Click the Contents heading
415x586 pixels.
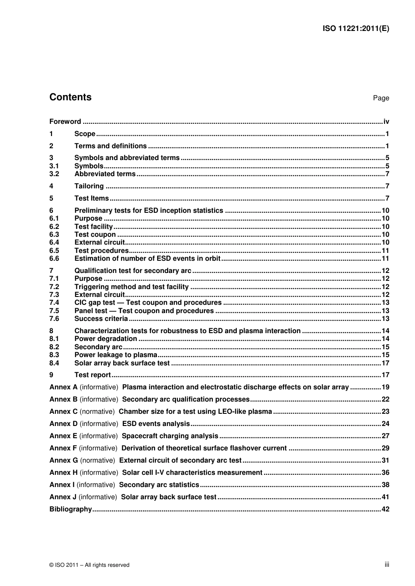click(x=70, y=97)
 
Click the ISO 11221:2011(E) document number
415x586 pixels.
click(x=356, y=29)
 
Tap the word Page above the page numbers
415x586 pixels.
click(x=380, y=98)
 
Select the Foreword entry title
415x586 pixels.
click(x=65, y=122)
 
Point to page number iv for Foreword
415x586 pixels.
click(x=386, y=122)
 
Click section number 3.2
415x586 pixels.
click(x=54, y=174)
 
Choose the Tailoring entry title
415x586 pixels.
click(x=89, y=186)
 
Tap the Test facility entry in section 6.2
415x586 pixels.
click(x=93, y=227)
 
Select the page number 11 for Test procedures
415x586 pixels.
click(x=385, y=251)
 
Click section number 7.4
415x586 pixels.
click(x=54, y=303)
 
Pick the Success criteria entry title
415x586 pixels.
click(x=101, y=319)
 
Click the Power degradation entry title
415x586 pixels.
click(x=106, y=339)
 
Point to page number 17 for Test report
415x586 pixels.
click(x=385, y=375)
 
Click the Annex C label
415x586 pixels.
click(x=63, y=412)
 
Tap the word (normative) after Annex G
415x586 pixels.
click(x=97, y=460)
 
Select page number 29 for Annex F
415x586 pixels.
click(x=385, y=448)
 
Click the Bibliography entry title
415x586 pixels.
click(x=71, y=509)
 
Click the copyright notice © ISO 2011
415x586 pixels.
click(x=89, y=565)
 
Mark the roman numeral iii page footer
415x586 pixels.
click(x=387, y=565)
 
